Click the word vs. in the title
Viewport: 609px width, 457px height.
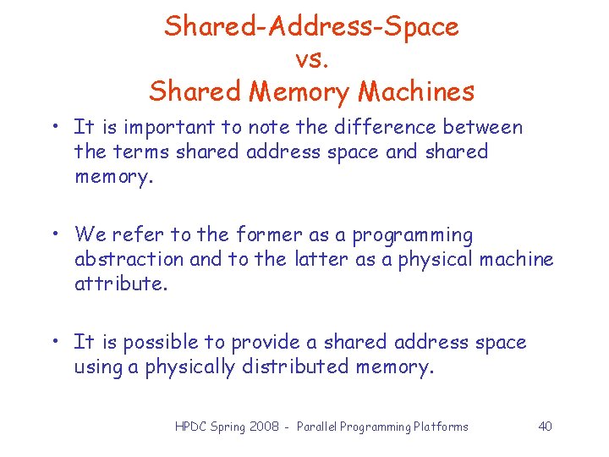point(311,58)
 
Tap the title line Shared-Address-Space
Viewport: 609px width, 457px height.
point(311,26)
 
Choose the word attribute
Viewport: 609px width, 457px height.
point(121,284)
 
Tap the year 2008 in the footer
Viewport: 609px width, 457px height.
point(264,427)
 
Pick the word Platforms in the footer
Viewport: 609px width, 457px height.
point(440,427)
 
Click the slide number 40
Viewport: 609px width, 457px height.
point(545,427)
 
